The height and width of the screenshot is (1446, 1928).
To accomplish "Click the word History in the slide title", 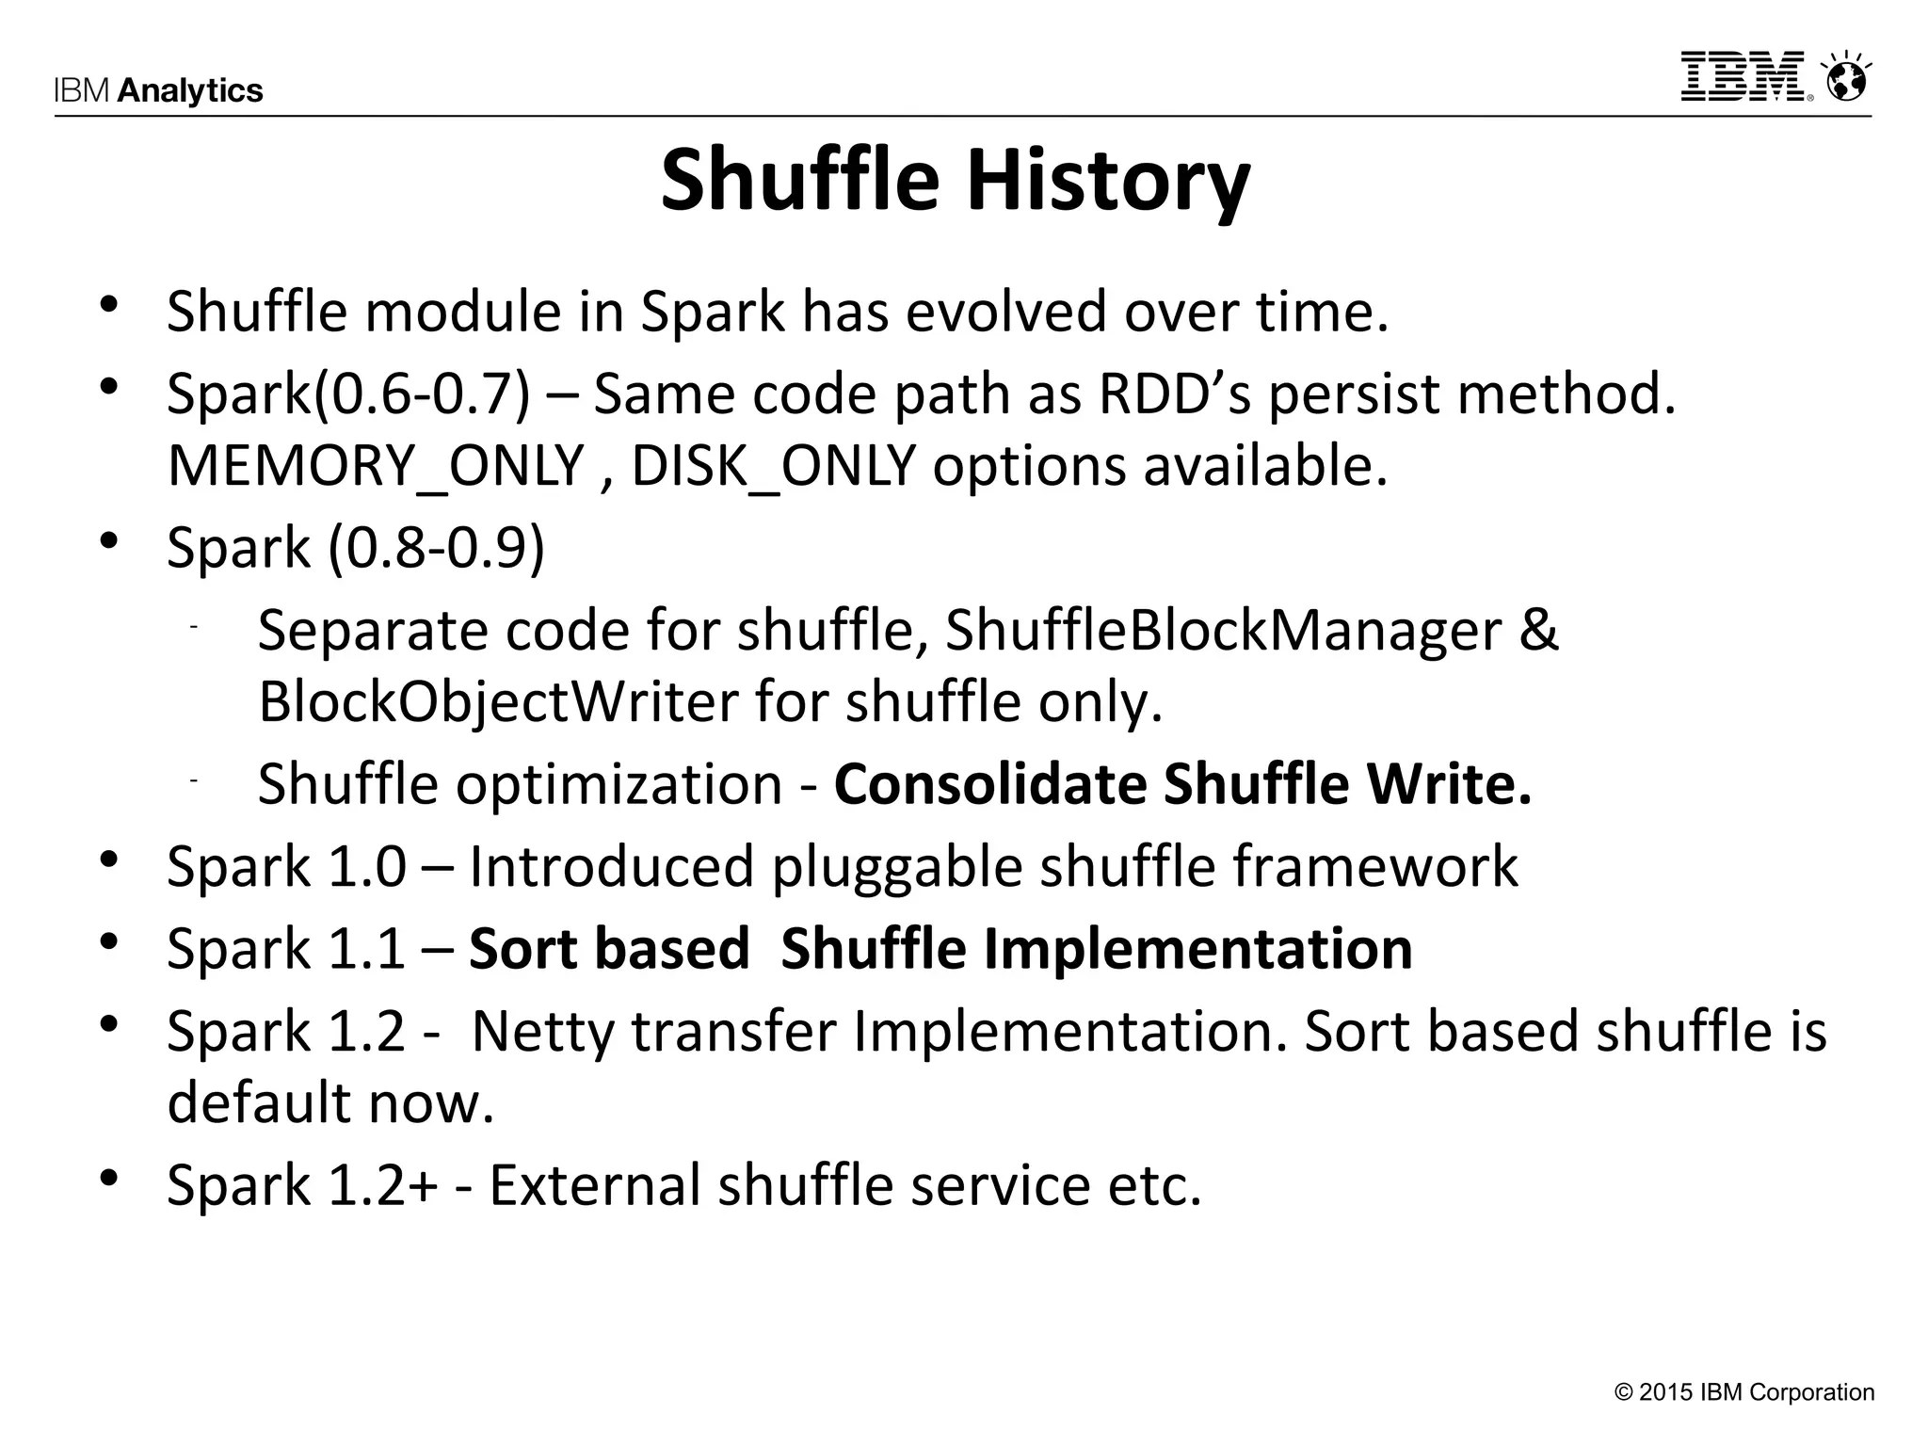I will [1108, 181].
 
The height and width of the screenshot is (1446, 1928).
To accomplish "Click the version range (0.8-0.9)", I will [437, 547].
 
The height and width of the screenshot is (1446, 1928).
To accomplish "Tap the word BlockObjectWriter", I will [498, 702].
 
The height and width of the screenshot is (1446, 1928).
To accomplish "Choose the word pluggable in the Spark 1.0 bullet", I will [896, 867].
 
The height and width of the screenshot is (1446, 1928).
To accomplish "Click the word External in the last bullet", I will [594, 1184].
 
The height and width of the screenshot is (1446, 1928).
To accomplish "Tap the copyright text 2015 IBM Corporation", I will [1743, 1392].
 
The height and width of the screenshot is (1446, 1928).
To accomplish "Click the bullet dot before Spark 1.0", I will [109, 860].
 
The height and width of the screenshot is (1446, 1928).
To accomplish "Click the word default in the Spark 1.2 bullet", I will [259, 1102].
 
